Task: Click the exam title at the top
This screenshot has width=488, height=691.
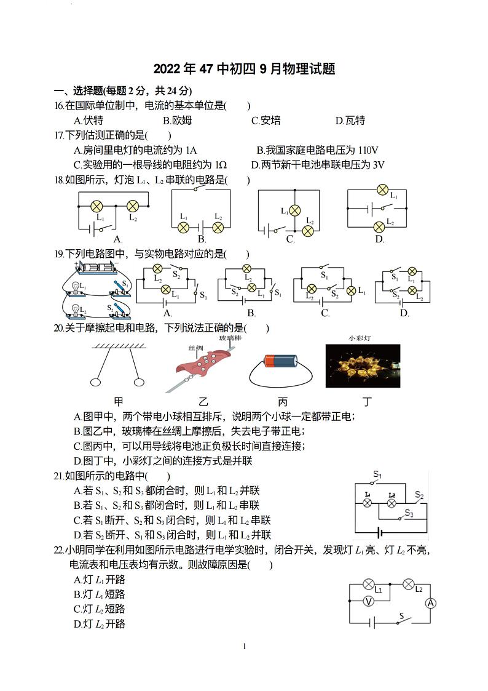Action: coord(244,69)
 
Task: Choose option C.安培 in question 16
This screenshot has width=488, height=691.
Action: coord(266,121)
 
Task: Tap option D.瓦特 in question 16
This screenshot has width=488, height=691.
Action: coord(350,121)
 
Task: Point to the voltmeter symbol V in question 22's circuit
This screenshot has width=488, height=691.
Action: coord(368,601)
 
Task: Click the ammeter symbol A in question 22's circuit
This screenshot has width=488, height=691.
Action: coord(430,603)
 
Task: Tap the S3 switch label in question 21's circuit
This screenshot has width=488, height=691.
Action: coord(409,514)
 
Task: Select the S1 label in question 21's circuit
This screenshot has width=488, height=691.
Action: coord(377,475)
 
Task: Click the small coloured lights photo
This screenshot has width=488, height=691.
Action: coord(363,365)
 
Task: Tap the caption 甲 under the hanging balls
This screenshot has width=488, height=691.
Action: coord(119,402)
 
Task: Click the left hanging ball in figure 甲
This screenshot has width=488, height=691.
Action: coord(95,382)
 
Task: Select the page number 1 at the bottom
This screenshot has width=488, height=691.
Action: coord(244,646)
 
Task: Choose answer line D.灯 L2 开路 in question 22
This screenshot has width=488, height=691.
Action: coord(99,624)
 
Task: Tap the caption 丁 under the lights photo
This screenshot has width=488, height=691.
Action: coord(367,402)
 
